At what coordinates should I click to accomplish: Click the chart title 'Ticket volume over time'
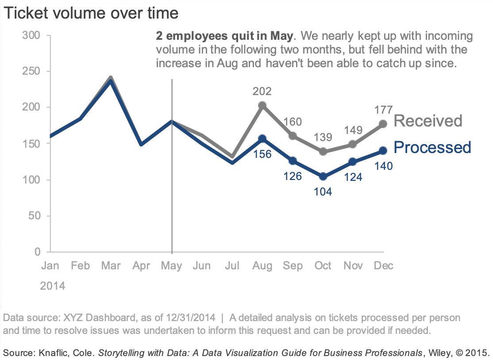point(91,13)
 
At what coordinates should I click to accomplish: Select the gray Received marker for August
point(262,105)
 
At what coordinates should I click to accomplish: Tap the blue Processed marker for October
point(323,176)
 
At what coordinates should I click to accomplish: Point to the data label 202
point(262,92)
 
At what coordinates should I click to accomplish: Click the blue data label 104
point(323,191)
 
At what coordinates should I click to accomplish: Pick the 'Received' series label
point(428,120)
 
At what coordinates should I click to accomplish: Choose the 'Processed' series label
point(432,147)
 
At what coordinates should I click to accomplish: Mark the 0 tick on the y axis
point(37,252)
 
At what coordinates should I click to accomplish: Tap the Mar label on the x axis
point(111,265)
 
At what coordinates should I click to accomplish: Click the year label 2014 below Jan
point(53,286)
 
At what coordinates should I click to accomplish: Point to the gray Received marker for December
point(383,124)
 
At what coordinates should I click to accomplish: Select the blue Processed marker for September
point(293,161)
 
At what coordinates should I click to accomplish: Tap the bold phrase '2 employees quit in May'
point(224,36)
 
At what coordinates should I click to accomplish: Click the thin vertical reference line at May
point(172,199)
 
